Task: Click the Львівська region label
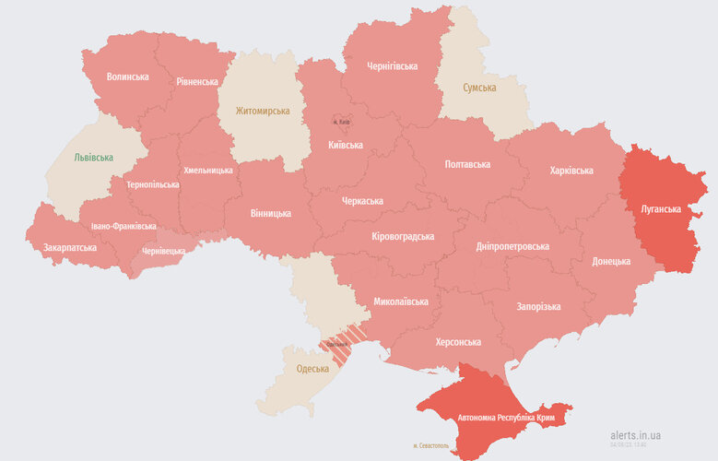point(93,157)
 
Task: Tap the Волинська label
point(127,77)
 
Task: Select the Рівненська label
point(197,81)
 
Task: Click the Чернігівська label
point(392,66)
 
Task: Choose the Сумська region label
point(478,88)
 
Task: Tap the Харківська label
point(571,171)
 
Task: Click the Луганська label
point(661,208)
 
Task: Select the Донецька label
point(611,261)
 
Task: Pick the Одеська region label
point(312,369)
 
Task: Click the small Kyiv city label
point(341,122)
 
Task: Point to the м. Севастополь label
point(437,445)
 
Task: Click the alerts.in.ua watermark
point(635,435)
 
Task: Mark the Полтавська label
point(467,164)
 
